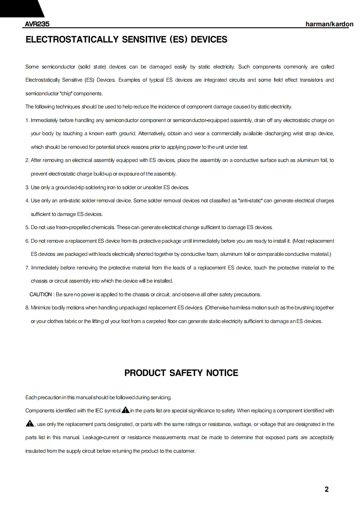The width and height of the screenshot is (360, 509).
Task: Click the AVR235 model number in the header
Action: tap(37, 24)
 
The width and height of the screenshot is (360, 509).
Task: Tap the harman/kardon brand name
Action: tap(330, 24)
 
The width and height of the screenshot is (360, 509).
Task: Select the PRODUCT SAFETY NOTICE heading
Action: tap(181, 373)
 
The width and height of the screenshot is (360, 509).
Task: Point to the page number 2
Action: tap(326, 489)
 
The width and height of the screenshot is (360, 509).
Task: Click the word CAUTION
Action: tap(41, 294)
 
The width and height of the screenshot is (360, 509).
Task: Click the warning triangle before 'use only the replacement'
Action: tap(30, 424)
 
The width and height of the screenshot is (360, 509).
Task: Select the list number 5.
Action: tap(27, 227)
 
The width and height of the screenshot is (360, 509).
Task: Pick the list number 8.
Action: tap(27, 308)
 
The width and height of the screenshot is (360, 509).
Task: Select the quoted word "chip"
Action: tap(66, 93)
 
